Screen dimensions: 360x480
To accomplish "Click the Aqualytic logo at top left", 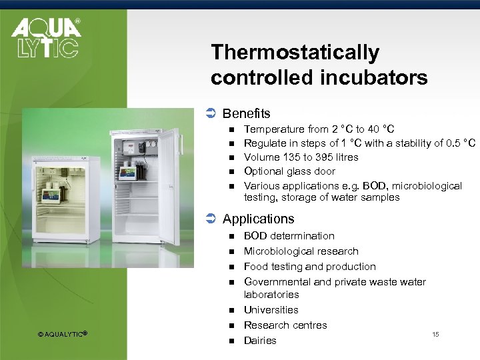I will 45,38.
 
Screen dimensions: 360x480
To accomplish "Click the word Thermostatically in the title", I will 295,52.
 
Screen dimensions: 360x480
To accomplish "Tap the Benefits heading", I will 246,113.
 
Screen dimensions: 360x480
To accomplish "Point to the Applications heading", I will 258,219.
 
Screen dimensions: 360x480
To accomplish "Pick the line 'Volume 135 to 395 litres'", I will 301,157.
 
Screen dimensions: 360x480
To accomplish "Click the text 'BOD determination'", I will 289,236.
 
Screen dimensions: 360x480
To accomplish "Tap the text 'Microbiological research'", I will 301,251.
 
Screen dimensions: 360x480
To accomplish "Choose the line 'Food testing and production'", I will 309,267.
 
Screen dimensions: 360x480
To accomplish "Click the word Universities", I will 271,310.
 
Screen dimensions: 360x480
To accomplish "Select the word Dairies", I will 260,341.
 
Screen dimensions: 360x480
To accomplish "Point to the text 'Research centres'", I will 285,325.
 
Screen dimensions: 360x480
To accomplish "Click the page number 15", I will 435,334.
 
